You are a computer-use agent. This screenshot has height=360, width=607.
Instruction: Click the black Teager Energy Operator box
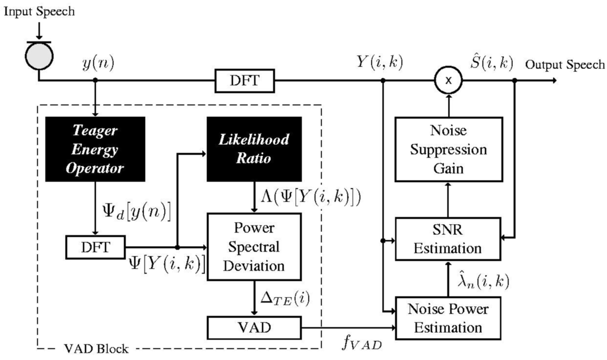click(95, 149)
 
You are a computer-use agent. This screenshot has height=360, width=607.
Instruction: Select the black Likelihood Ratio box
click(254, 149)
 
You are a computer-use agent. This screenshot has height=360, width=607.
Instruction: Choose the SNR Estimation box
click(449, 239)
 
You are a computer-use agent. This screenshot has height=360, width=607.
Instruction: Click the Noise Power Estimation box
click(449, 318)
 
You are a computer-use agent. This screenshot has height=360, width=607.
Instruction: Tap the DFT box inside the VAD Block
click(95, 247)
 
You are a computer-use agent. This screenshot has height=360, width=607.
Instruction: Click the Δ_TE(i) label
click(286, 294)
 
